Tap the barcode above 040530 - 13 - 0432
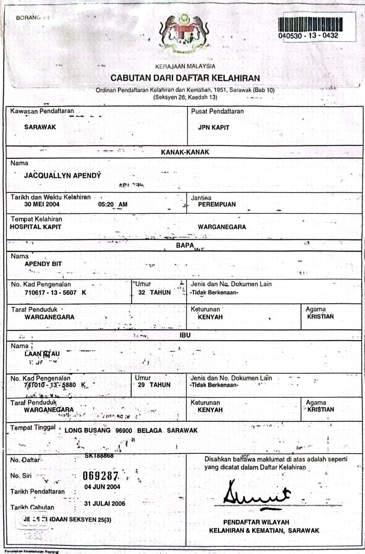tap(310, 24)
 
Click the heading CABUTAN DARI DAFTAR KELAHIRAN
tap(185, 78)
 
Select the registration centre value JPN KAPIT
tap(213, 128)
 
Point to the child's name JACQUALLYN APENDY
tap(62, 176)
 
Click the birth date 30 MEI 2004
tap(42, 204)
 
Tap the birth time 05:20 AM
tap(113, 204)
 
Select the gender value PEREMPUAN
tap(216, 204)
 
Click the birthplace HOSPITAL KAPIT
tap(36, 227)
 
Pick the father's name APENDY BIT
tap(43, 264)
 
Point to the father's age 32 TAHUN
tap(154, 293)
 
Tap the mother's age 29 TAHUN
tap(154, 385)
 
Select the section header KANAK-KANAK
tap(185, 152)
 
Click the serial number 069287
tap(100, 477)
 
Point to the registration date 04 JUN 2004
tap(102, 486)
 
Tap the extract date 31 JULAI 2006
tap(104, 504)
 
